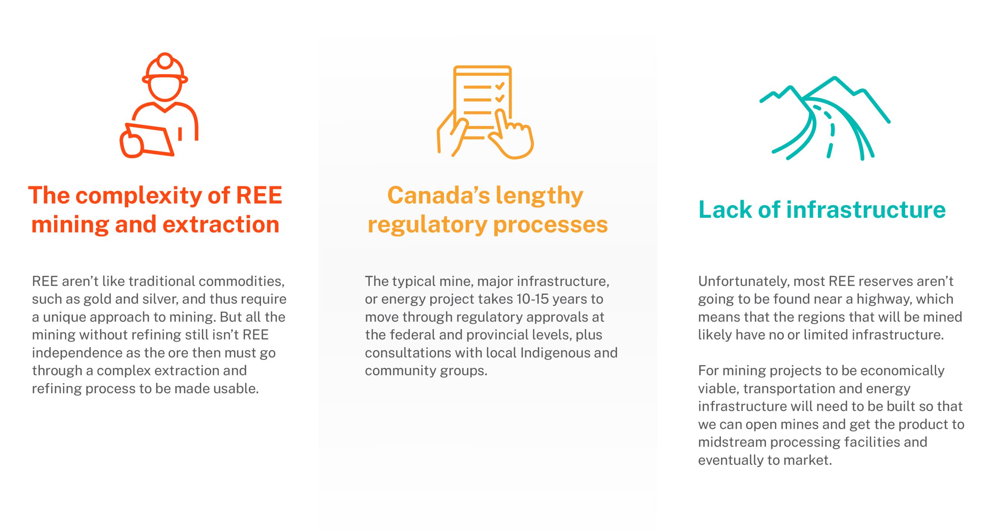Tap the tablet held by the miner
pyautogui.click(x=150, y=139)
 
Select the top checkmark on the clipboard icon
pyautogui.click(x=500, y=86)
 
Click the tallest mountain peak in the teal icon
pyautogui.click(x=835, y=79)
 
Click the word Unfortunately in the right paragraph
pyautogui.click(x=744, y=282)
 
